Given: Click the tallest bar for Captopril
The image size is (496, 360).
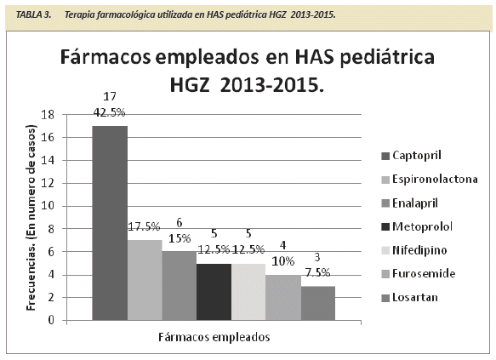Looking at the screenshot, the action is click(110, 223).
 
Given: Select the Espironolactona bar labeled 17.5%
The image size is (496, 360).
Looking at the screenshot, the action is click(145, 280).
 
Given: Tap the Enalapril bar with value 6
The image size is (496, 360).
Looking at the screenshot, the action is click(180, 286).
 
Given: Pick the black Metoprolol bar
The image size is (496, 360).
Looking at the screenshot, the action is click(214, 292).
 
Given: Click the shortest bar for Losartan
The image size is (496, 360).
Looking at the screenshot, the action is click(318, 303).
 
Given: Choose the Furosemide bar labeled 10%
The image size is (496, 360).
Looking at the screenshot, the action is click(283, 297).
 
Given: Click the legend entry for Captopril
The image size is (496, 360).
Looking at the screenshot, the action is click(411, 156).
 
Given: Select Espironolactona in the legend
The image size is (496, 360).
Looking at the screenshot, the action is click(430, 179).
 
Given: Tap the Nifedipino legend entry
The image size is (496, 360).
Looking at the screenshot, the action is click(414, 250).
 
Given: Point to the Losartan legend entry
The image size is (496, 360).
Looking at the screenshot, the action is click(410, 297).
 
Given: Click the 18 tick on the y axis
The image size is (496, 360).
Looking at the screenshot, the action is click(48, 115).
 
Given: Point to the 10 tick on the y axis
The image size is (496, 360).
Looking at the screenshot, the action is click(48, 206).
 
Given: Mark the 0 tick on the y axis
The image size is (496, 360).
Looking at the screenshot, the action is click(51, 320).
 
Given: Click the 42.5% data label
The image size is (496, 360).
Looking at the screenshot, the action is click(110, 112).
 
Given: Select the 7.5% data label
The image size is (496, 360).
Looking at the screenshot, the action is click(317, 272).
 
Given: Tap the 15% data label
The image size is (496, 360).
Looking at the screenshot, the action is click(180, 238).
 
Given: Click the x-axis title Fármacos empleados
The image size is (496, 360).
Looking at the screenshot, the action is click(214, 337).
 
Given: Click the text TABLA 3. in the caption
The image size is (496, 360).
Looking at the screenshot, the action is click(33, 14).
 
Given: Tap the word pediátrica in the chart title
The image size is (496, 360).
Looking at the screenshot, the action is click(387, 57).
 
